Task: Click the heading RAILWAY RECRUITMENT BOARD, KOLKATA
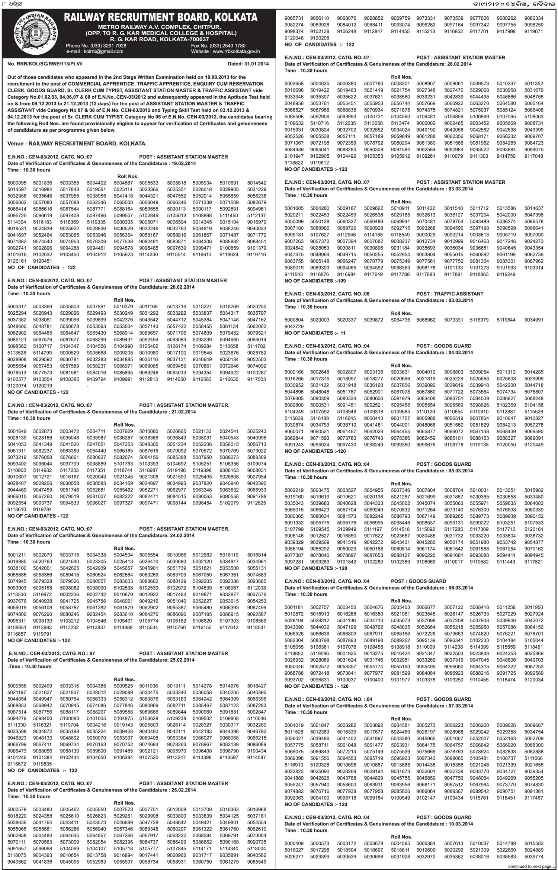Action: [x=160, y=17]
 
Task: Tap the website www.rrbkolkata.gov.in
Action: [x=236, y=51]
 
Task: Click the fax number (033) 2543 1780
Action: [x=227, y=46]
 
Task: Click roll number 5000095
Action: [x=17, y=183]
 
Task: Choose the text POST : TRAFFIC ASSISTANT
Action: [x=450, y=294]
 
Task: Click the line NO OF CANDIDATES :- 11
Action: [x=310, y=333]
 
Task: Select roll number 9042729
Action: [x=294, y=326]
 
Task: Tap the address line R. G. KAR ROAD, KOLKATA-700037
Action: [x=160, y=39]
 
